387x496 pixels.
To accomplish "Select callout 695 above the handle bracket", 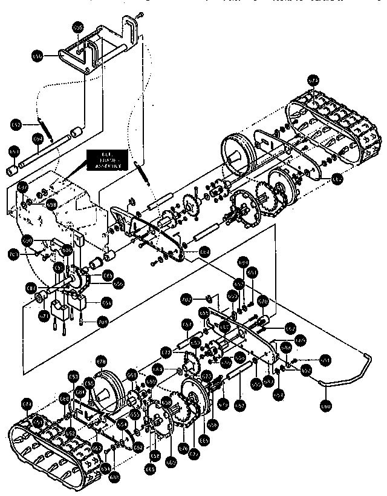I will point(77,27).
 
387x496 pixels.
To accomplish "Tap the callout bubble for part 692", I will point(16,125).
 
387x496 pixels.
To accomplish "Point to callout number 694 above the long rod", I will point(37,138).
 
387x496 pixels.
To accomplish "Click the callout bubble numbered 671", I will point(44,316).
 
